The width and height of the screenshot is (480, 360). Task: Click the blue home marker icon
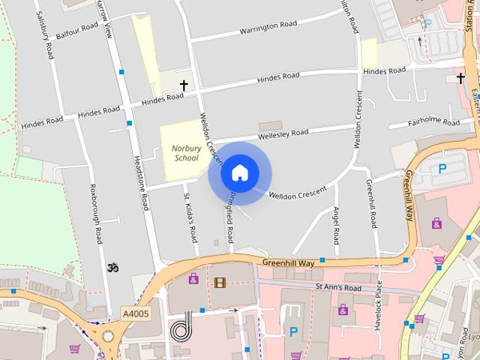click(239, 173)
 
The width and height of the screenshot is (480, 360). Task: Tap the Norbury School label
click(185, 153)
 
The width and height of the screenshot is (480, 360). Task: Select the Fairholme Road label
click(433, 121)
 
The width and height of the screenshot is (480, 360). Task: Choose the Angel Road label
click(337, 224)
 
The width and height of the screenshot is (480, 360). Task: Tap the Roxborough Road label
click(94, 214)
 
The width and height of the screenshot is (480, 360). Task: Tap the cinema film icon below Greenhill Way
click(219, 283)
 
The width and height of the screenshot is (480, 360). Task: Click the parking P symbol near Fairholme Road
click(442, 169)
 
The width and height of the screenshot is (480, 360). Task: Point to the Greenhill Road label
click(370, 204)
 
